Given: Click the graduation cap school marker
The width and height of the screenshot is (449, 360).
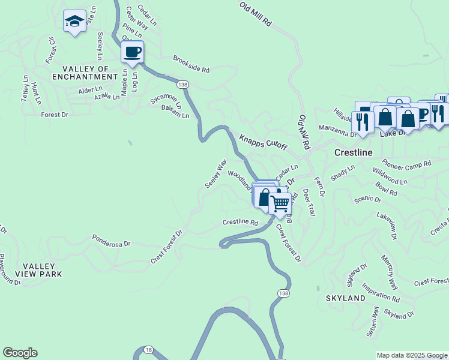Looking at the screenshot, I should click(x=74, y=22).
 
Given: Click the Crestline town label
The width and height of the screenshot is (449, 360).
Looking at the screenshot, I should click(x=353, y=153).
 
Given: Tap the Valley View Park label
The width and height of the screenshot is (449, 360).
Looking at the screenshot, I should click(x=42, y=270).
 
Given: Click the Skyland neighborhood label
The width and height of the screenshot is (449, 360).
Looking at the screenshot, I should click(x=345, y=298).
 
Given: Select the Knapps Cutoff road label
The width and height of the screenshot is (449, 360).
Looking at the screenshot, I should click(x=264, y=142).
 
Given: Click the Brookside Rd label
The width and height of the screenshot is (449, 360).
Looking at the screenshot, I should click(x=191, y=64).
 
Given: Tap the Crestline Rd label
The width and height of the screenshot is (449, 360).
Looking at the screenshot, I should click(x=240, y=222).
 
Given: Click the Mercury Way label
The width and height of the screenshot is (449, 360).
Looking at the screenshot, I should click(x=389, y=272).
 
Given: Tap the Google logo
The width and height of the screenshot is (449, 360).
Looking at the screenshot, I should click(x=20, y=353).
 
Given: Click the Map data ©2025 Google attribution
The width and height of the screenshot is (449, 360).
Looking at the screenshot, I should click(x=412, y=355).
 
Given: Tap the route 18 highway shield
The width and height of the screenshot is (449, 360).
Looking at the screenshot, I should click(x=148, y=349).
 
